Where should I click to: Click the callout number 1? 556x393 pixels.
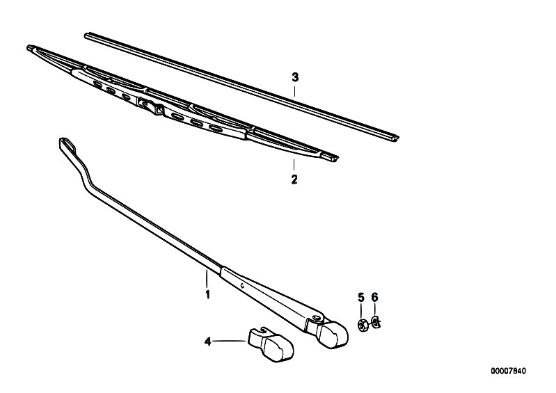[207, 294]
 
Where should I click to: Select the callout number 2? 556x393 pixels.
[294, 179]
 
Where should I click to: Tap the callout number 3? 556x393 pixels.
[295, 77]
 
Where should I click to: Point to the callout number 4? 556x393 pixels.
[208, 342]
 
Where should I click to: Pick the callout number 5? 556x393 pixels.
[361, 297]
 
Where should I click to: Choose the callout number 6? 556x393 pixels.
[375, 297]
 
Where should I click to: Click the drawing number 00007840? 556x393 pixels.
[508, 371]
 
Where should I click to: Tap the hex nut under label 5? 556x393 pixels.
[363, 325]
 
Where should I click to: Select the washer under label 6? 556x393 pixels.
[375, 322]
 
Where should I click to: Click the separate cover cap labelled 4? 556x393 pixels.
[270, 344]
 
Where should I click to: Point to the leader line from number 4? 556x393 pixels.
[230, 342]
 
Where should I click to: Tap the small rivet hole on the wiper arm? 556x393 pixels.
[242, 286]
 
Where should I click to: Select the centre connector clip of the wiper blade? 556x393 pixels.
[151, 106]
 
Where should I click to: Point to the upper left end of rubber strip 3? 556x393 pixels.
[87, 35]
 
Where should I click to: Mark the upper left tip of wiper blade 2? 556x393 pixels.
[30, 47]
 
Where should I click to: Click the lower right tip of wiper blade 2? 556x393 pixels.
[333, 157]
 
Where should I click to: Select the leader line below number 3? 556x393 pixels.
[294, 91]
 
